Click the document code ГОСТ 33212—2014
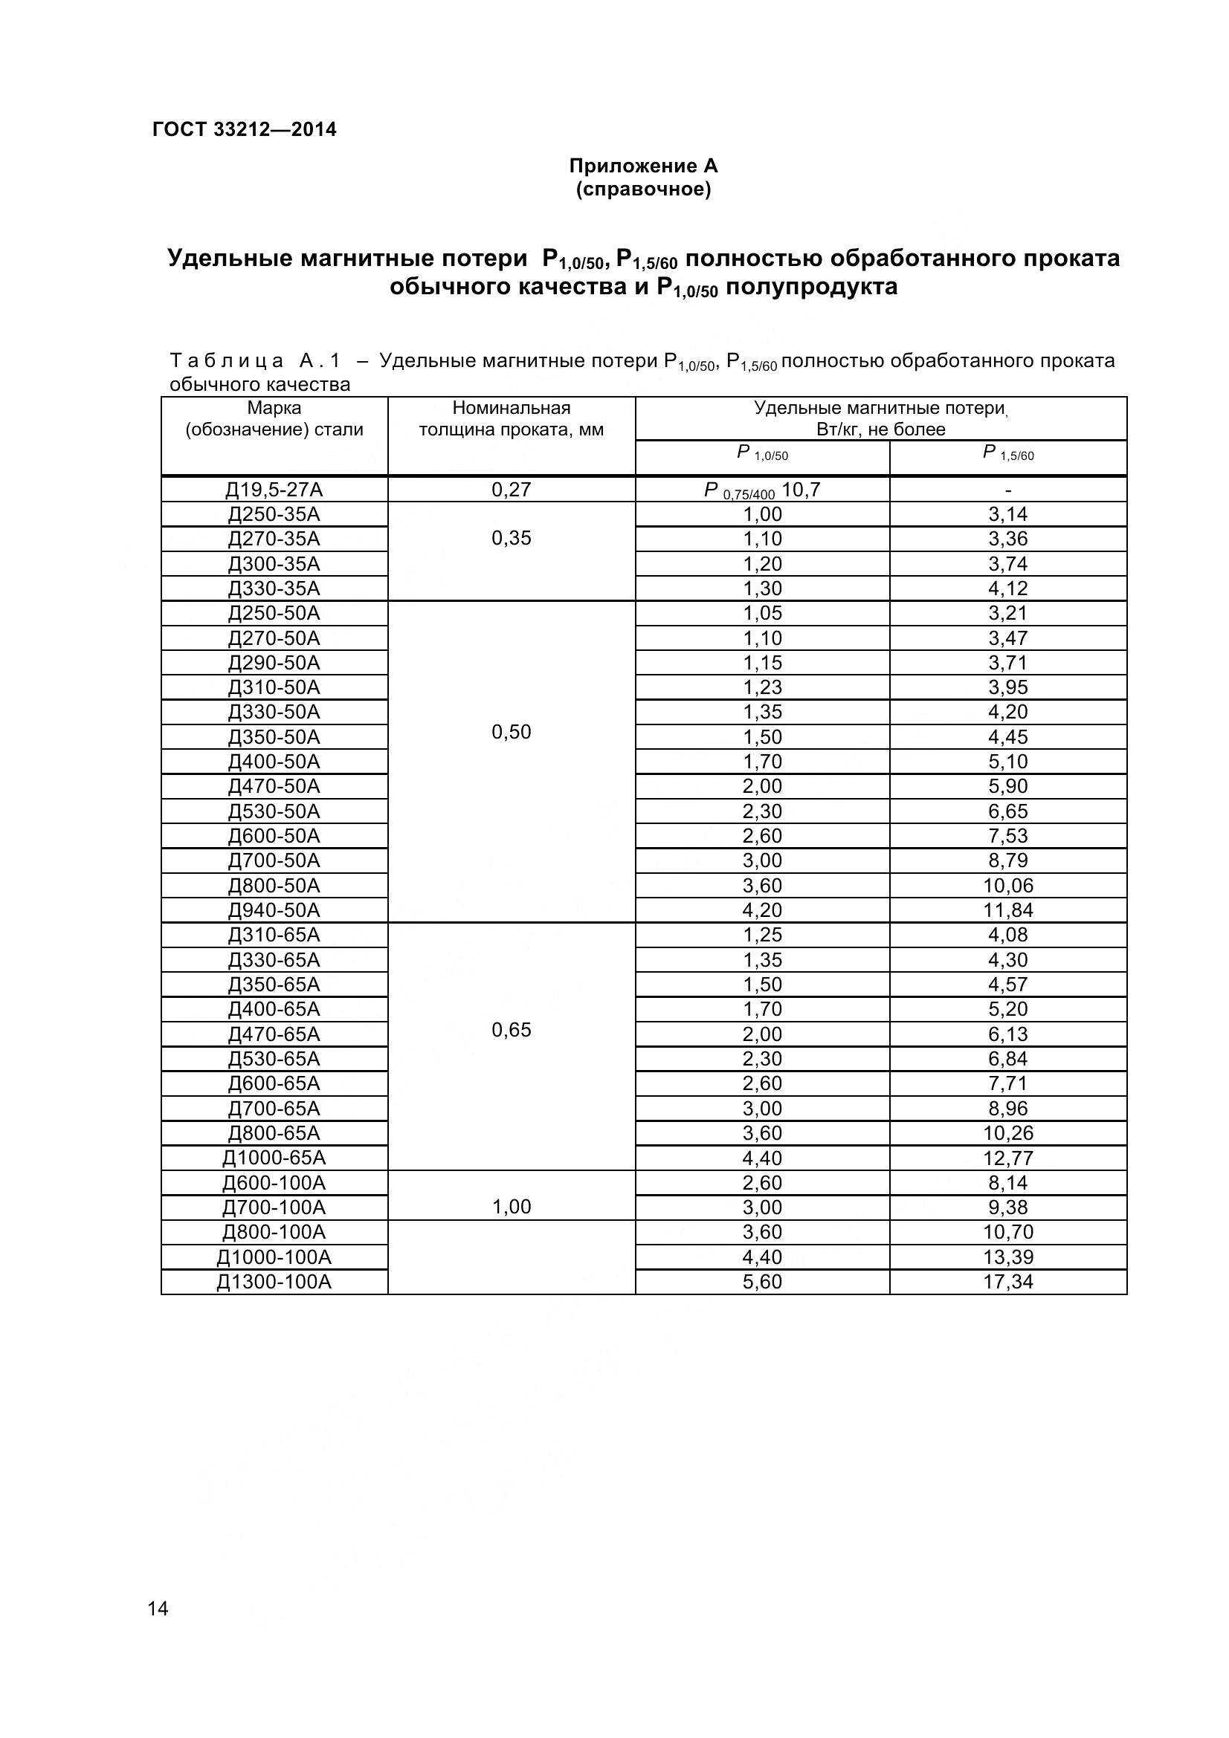tap(244, 129)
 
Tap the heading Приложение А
tap(643, 166)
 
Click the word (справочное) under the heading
tap(643, 189)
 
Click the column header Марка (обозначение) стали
tap(274, 418)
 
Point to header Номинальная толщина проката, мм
tap(511, 418)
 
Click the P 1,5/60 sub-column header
tap(1007, 454)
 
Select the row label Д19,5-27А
tap(274, 490)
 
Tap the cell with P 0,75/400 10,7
tap(762, 490)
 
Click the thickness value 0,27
tap(511, 490)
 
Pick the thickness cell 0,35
tap(511, 538)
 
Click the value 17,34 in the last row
tap(1007, 1282)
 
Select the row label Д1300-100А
tap(274, 1282)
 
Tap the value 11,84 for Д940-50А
tap(1007, 910)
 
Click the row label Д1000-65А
tap(274, 1158)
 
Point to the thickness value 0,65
tap(511, 1029)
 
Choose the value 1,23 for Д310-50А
tap(762, 687)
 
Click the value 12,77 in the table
tap(1007, 1158)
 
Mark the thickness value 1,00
tap(511, 1207)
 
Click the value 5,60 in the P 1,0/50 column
tap(762, 1282)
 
